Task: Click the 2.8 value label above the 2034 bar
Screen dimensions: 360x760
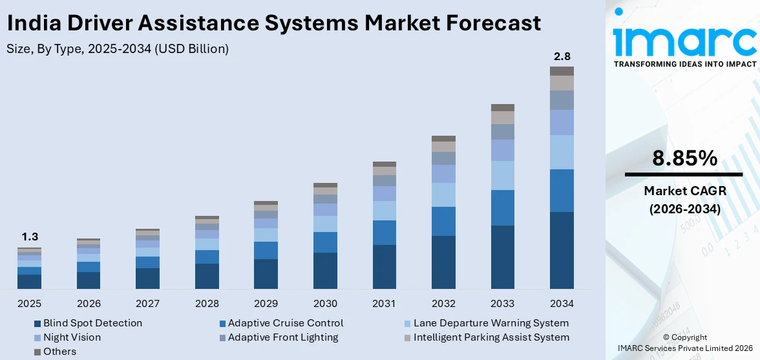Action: pos(562,56)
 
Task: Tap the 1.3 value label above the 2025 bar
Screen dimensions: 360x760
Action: pos(29,237)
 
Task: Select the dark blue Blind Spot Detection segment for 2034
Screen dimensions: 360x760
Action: pos(562,250)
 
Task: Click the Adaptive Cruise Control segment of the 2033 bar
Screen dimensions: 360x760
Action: pos(503,207)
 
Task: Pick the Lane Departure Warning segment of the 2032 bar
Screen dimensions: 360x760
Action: pos(443,195)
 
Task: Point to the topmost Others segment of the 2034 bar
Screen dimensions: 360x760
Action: pos(562,71)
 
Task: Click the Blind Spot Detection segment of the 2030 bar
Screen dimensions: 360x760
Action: pos(325,270)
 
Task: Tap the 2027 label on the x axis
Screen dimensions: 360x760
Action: pos(147,304)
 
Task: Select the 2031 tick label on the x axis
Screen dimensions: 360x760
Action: pos(385,304)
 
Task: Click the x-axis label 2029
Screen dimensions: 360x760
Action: pos(266,304)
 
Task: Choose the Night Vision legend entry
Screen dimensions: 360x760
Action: pos(72,337)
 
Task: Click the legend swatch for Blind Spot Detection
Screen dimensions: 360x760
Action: pos(37,323)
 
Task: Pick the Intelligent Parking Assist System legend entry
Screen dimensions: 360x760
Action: pos(491,337)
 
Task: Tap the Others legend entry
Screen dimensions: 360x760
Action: pos(59,352)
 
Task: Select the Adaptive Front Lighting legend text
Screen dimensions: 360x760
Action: pos(283,337)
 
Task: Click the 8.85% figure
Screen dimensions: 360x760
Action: pos(684,158)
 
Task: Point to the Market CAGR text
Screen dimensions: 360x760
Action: pos(684,191)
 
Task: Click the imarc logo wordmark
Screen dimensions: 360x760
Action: pos(684,40)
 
